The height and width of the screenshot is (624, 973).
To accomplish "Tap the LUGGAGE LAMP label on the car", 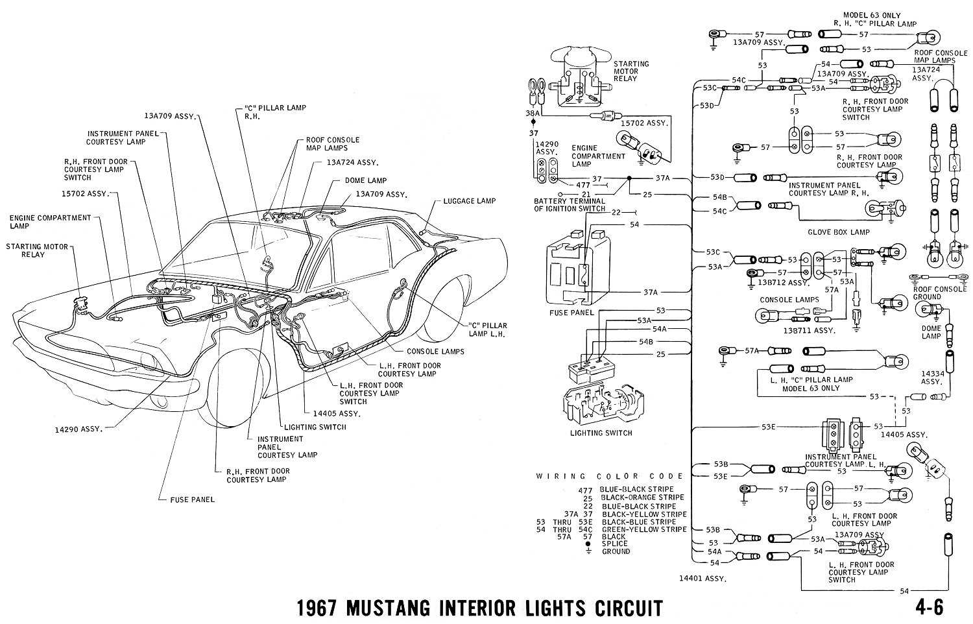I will [x=470, y=201].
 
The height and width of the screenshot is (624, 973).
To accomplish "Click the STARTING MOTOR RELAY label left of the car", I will [x=36, y=250].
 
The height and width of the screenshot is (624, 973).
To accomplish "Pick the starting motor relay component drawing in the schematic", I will [x=577, y=78].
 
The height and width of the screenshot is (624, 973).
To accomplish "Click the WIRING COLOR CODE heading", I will [x=610, y=476].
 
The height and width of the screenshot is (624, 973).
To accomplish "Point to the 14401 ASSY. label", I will [x=703, y=578].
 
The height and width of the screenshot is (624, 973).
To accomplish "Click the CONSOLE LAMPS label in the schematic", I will [x=789, y=300].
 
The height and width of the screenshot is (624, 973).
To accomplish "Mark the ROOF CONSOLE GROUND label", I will [x=939, y=293].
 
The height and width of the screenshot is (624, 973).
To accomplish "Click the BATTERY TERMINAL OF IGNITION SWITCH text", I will [x=570, y=205].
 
